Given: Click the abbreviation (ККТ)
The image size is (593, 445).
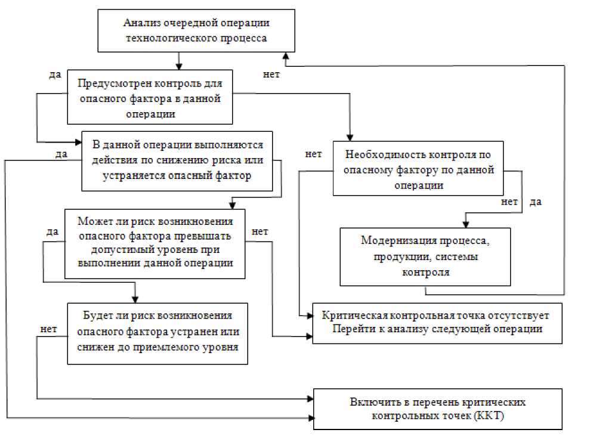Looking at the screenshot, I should click(490, 416).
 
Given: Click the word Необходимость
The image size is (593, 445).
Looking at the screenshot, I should click(384, 154).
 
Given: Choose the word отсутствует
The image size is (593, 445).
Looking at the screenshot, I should click(517, 315).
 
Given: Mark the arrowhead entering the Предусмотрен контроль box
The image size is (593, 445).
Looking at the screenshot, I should click(178, 66).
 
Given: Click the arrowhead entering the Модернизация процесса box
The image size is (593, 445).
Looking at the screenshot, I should click(464, 223).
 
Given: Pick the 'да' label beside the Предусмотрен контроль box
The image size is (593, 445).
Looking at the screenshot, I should click(55, 76).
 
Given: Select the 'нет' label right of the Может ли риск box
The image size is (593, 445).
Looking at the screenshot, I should click(260, 231).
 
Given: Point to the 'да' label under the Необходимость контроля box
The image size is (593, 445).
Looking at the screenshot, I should click(535, 202).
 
